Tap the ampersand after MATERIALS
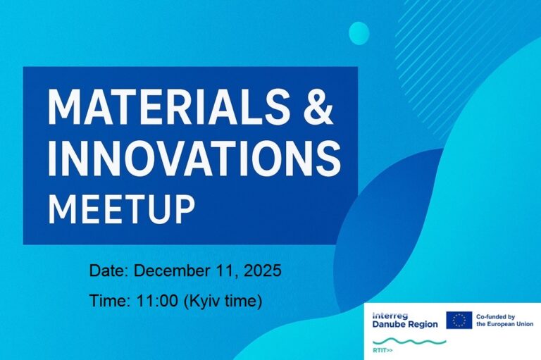(318, 108)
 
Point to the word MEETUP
(121, 206)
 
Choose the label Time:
(110, 302)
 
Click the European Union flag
(459, 320)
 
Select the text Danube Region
(405, 324)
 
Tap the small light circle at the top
(359, 32)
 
